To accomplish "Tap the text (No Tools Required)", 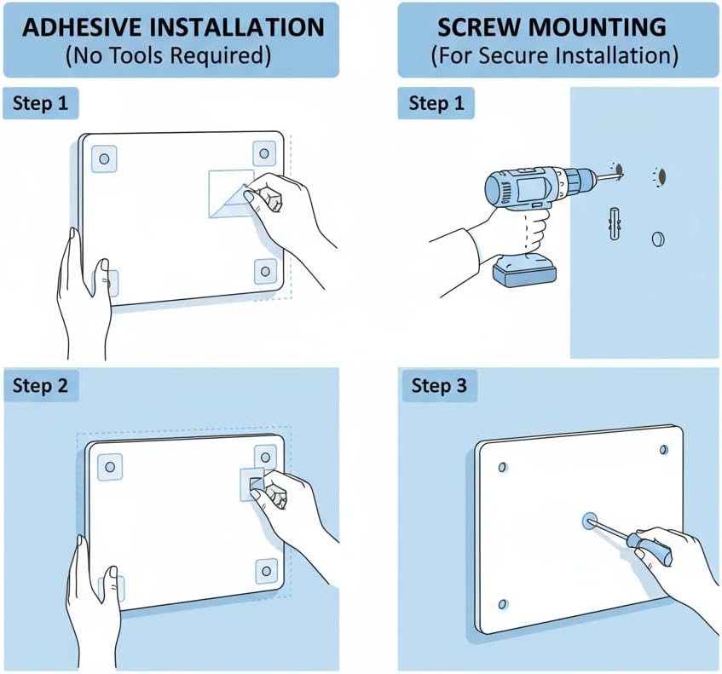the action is click(171, 57).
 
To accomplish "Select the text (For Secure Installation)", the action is click(554, 57).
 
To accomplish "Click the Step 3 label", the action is click(439, 386).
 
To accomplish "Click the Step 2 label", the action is click(40, 386).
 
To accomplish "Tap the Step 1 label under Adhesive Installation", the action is click(40, 104).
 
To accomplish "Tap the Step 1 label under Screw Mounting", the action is click(436, 104).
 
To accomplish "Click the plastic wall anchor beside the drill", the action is click(615, 223).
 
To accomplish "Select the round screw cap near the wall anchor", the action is click(658, 239).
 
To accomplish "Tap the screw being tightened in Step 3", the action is click(587, 520).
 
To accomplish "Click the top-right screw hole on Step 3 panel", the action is click(663, 449).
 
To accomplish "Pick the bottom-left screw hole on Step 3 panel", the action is click(502, 604).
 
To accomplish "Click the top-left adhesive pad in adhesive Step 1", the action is click(105, 158).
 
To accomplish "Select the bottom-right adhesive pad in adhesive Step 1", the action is click(264, 272).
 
